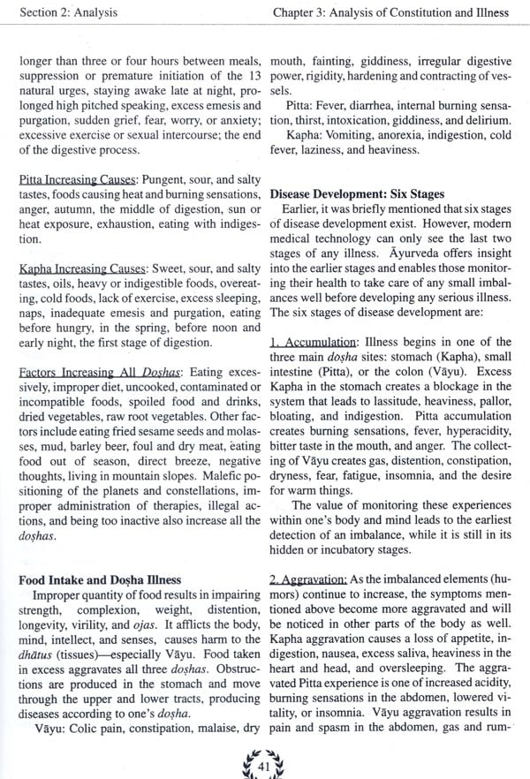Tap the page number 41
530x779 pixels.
[264, 760]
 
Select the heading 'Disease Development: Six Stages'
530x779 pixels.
[356, 193]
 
